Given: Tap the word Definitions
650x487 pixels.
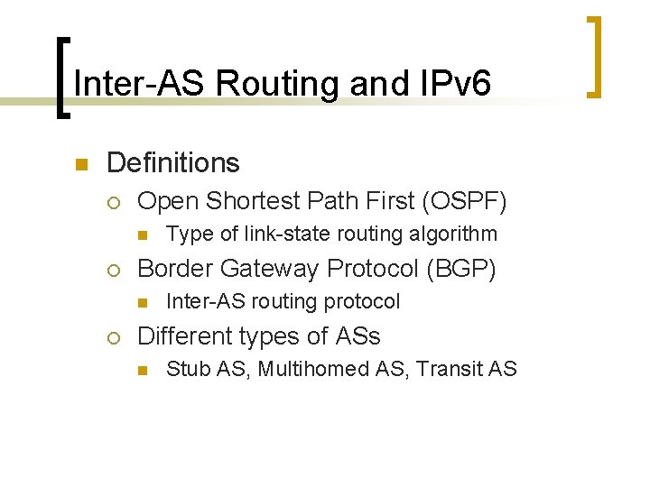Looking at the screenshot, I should (x=172, y=163).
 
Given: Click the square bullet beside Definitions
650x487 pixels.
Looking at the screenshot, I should (x=79, y=165).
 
